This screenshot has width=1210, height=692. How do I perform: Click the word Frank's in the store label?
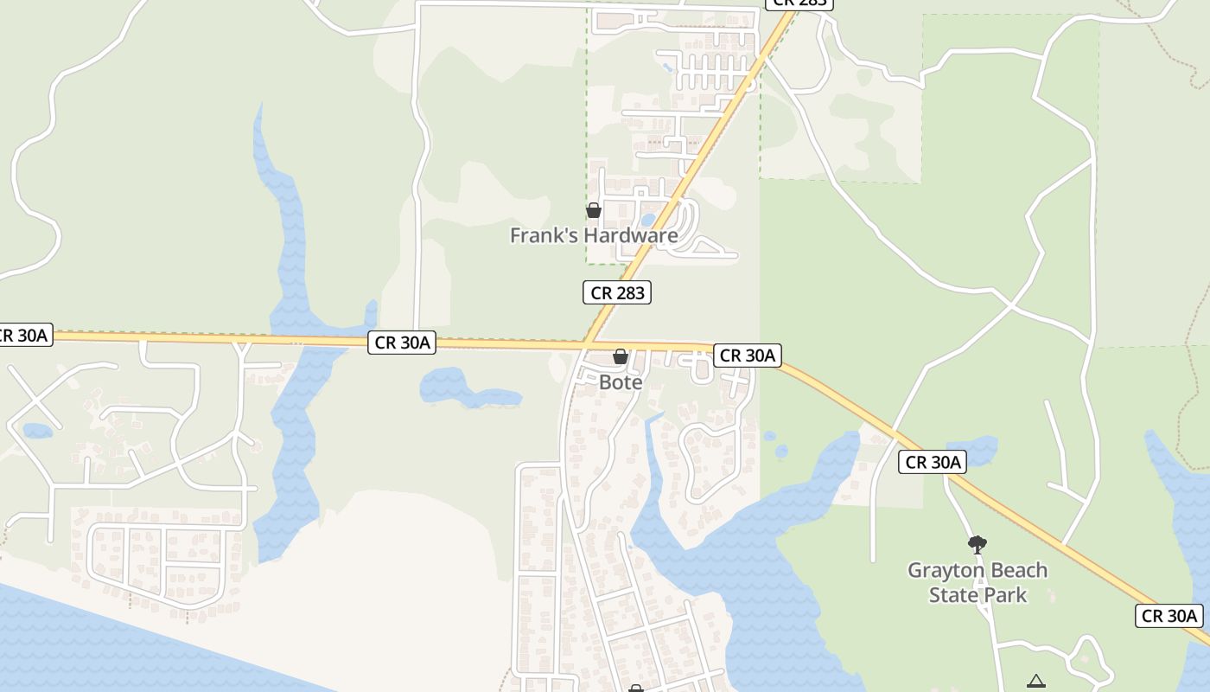click(x=542, y=235)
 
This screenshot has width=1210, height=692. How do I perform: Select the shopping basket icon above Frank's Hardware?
click(x=594, y=210)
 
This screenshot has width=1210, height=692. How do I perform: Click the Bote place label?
click(x=621, y=381)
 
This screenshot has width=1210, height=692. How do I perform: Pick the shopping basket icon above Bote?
click(x=621, y=356)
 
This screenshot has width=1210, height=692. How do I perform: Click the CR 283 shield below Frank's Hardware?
click(x=617, y=292)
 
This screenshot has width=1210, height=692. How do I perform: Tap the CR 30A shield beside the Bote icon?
click(x=748, y=355)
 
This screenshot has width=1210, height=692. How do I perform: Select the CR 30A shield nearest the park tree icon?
click(x=933, y=462)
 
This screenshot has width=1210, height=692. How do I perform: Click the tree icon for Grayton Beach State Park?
click(x=978, y=545)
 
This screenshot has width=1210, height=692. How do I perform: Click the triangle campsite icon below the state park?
click(x=1036, y=682)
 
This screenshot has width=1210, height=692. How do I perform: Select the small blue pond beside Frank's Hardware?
click(x=647, y=220)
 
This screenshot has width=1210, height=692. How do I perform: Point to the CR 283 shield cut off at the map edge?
click(x=799, y=3)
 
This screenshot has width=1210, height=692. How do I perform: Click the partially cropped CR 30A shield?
click(x=22, y=335)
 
